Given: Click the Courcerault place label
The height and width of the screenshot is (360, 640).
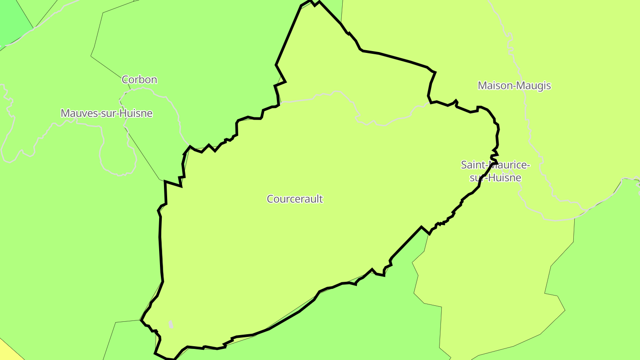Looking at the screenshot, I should click(x=295, y=199).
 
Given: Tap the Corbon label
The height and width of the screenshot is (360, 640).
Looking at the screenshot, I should click(x=139, y=80).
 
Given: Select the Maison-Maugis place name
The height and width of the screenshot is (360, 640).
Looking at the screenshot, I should click(x=514, y=85).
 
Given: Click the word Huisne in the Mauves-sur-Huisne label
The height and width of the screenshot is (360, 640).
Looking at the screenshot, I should click(x=136, y=113).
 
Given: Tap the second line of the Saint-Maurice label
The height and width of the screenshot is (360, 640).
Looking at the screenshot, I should click(x=495, y=178).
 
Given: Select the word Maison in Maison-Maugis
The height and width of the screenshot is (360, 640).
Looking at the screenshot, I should click(x=493, y=85).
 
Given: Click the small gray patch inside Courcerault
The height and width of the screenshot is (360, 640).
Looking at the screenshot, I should click(x=171, y=324).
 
